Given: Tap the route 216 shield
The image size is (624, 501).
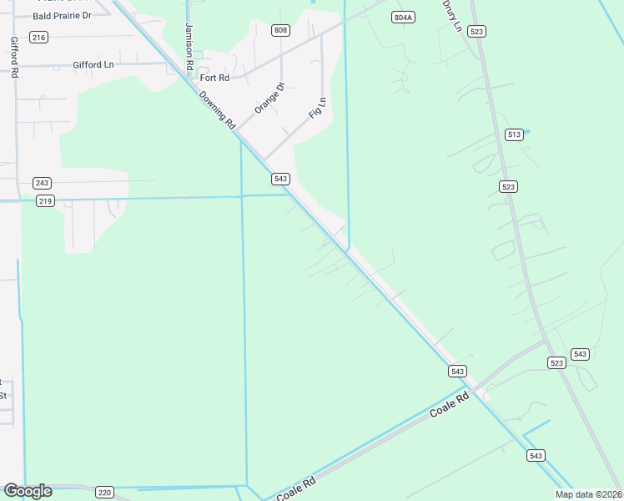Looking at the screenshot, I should (38, 37).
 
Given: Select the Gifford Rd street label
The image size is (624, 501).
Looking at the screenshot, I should (14, 57).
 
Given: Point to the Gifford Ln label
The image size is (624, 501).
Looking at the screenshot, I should (93, 64).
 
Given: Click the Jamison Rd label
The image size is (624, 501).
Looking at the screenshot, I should (189, 47).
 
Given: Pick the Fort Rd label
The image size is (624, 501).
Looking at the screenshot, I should (214, 78).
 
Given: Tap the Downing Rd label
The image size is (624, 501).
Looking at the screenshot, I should (218, 109).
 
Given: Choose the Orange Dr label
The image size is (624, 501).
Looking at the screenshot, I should (269, 98).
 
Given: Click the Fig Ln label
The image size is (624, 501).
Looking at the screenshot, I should (317, 108).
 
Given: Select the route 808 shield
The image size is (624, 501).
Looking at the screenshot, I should (280, 30).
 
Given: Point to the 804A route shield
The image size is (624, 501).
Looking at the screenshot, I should (404, 17).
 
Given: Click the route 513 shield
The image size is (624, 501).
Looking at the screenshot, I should (514, 134).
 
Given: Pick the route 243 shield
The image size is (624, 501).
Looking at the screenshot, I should (43, 182).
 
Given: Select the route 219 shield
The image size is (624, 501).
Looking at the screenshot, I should (46, 200).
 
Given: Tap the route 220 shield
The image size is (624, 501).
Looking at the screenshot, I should (104, 492).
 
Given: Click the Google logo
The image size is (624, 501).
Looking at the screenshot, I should (28, 491).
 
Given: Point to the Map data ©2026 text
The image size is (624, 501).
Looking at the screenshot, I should (588, 494).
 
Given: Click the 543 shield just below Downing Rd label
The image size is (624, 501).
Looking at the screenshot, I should (280, 179).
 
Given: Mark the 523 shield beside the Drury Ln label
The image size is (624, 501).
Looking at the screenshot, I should (476, 31).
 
